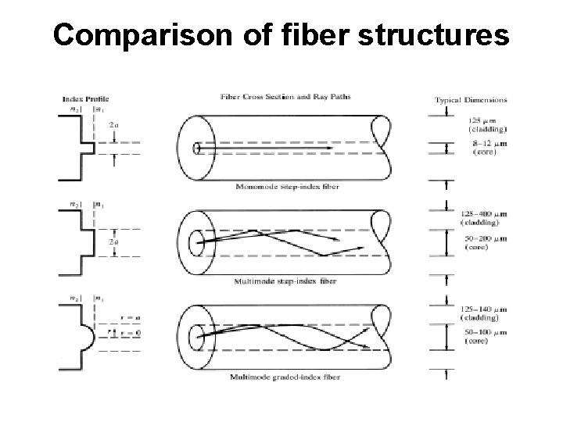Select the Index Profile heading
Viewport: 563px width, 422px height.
(x=85, y=99)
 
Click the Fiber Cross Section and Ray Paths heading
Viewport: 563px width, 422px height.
(x=285, y=97)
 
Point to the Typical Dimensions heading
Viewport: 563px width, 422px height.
(x=471, y=99)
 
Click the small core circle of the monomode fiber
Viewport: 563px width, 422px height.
(x=196, y=148)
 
